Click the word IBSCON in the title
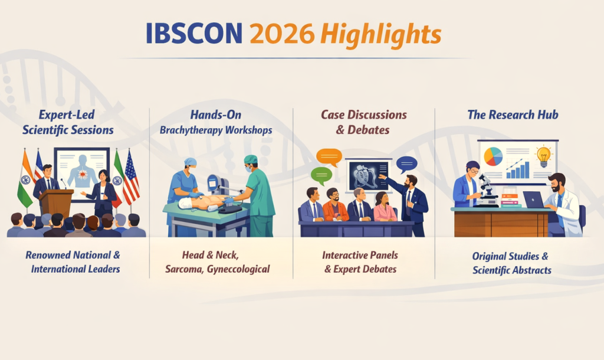(194, 34)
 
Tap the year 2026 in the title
(282, 34)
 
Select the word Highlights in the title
(380, 35)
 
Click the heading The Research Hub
(513, 114)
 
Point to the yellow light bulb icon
(543, 156)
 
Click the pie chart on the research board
(493, 156)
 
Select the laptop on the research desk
(534, 200)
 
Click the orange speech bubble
(329, 157)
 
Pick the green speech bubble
(321, 176)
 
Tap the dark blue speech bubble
(407, 164)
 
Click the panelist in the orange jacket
(334, 205)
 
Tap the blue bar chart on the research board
(518, 170)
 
